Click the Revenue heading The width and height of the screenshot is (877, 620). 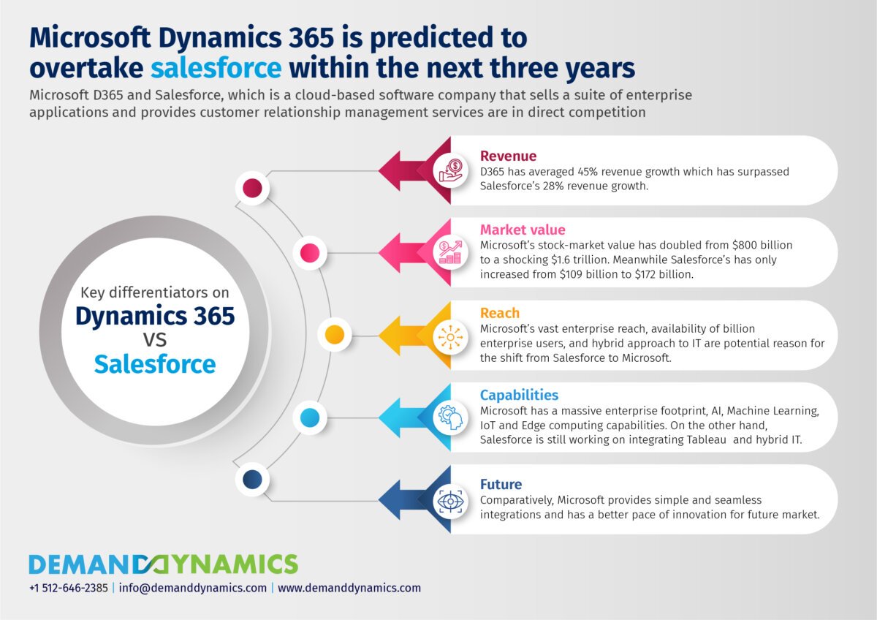point(508,156)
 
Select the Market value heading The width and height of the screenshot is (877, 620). point(523,230)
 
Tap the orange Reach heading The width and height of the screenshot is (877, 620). point(500,313)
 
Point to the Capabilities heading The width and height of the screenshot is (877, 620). point(519,395)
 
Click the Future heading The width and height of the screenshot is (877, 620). point(501,485)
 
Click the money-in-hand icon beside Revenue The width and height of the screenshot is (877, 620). point(451,171)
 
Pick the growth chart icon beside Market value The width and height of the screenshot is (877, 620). point(451,253)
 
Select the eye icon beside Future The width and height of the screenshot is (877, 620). point(451,502)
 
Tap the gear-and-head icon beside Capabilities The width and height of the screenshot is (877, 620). point(451,418)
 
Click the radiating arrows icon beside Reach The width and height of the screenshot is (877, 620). point(451,337)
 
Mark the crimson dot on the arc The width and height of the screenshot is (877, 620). point(252,188)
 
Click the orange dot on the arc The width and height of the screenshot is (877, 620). point(335,335)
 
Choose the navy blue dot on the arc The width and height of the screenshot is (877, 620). point(252,480)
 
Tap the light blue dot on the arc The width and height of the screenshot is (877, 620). point(310,417)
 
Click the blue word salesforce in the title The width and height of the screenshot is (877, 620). point(216,68)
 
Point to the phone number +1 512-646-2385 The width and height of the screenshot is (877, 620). point(69,588)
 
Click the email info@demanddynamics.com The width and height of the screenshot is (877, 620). point(193,589)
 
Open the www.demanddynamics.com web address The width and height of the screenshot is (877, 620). point(349,588)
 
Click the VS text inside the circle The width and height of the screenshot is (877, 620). point(155,340)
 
